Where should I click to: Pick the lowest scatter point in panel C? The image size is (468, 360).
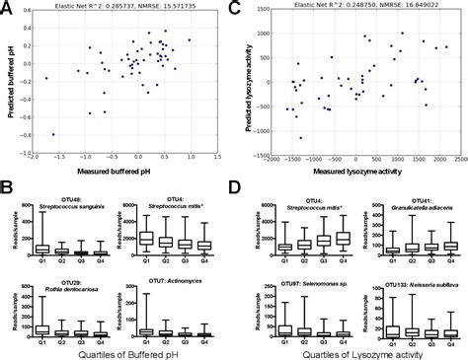click(x=301, y=137)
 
